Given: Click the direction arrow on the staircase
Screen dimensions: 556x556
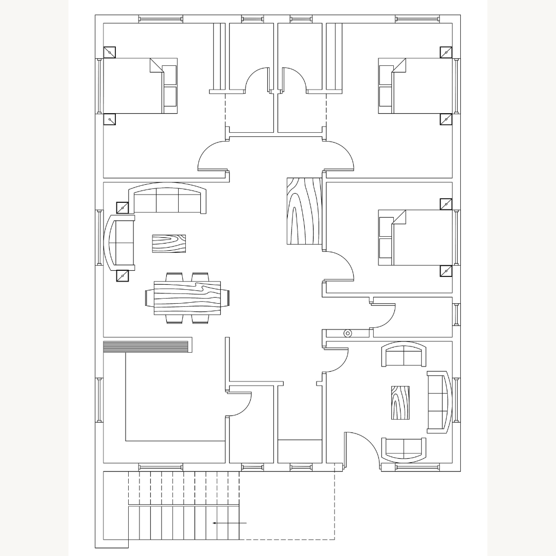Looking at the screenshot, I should click(x=230, y=523).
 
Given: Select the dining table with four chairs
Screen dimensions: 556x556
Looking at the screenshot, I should click(x=187, y=298).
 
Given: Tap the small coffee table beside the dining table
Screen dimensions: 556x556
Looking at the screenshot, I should click(x=169, y=244).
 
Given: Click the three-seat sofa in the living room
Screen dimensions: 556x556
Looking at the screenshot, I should click(x=168, y=200).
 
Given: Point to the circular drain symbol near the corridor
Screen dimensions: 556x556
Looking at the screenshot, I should click(x=347, y=333).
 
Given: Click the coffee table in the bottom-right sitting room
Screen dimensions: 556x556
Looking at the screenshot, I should click(x=400, y=402).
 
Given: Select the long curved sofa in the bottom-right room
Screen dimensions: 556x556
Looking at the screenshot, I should click(x=439, y=401).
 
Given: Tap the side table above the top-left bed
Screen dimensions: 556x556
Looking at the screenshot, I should click(x=110, y=52).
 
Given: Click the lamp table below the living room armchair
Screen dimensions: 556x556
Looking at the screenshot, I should click(x=123, y=275).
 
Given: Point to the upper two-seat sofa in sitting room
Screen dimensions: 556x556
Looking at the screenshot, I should click(x=404, y=356).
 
